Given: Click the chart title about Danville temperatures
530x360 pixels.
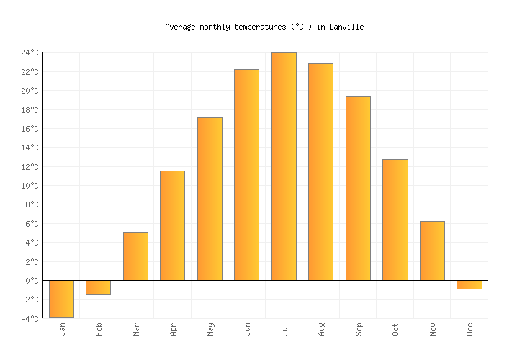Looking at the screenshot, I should pyautogui.click(x=264, y=27).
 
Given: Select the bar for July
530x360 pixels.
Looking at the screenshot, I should pyautogui.click(x=284, y=166).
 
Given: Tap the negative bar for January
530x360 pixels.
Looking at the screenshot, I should pyautogui.click(x=61, y=298).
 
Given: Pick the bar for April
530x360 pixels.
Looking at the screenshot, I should pyautogui.click(x=172, y=225).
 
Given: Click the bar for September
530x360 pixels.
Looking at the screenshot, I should pyautogui.click(x=358, y=188).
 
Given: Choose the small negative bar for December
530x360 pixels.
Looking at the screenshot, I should pyautogui.click(x=469, y=284).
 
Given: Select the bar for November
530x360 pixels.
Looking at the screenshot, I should pyautogui.click(x=432, y=251).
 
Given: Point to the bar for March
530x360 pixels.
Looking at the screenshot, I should pyautogui.click(x=135, y=256).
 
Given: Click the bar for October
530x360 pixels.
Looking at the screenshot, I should pyautogui.click(x=395, y=220).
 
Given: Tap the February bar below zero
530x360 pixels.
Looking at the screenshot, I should pyautogui.click(x=98, y=287).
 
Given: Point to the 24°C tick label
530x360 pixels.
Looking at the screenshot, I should pyautogui.click(x=30, y=53).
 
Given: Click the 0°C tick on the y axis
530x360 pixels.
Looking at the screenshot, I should pyautogui.click(x=32, y=281).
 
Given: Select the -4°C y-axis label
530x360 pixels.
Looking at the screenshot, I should pyautogui.click(x=30, y=318).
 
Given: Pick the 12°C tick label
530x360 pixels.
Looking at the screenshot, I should pyautogui.click(x=30, y=167).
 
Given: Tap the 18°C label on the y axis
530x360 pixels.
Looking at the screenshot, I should pyautogui.click(x=30, y=110).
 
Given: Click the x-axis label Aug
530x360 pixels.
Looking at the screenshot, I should pyautogui.click(x=322, y=329).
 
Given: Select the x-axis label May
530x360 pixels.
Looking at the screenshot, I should pyautogui.click(x=211, y=329).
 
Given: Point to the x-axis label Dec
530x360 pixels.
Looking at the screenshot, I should pyautogui.click(x=470, y=329).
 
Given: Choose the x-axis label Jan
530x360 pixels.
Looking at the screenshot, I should pyautogui.click(x=62, y=329).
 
